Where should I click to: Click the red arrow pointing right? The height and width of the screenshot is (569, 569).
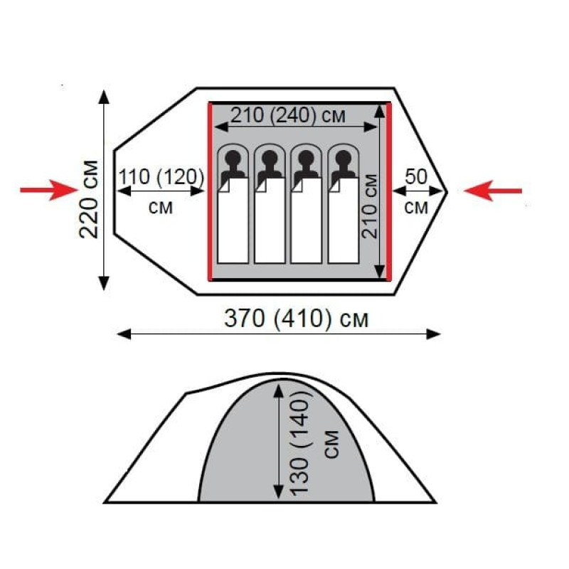[49, 190]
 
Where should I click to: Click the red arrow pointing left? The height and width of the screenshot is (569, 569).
[493, 191]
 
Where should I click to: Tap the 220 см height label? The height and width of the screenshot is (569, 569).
[89, 199]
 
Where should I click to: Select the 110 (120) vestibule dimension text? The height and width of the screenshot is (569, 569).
[161, 176]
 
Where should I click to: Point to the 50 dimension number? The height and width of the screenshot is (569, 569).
[416, 176]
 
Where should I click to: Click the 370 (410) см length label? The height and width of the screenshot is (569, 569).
[296, 319]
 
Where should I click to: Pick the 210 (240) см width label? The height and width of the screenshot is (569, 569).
[288, 115]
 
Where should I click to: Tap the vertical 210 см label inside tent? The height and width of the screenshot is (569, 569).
[370, 206]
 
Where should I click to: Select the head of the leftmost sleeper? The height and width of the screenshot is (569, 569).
[233, 158]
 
